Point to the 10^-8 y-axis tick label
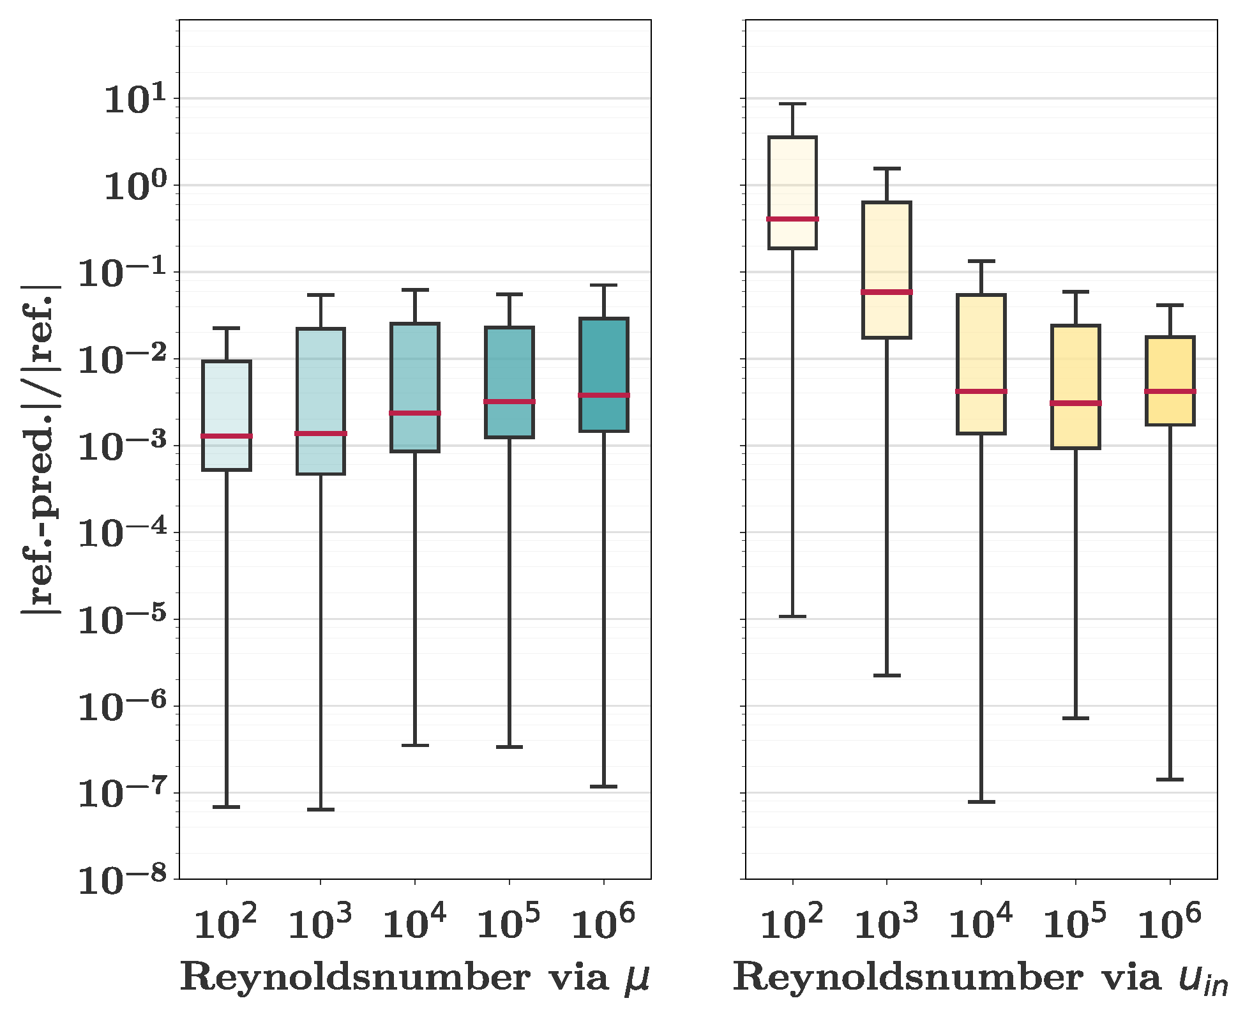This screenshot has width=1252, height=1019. pyautogui.click(x=121, y=880)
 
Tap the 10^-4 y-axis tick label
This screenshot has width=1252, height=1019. pyautogui.click(x=121, y=533)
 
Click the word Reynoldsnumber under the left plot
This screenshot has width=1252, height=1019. pyautogui.click(x=354, y=977)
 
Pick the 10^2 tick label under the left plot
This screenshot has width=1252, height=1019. pyautogui.click(x=225, y=923)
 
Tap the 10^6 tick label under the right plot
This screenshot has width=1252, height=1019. pyautogui.click(x=1170, y=923)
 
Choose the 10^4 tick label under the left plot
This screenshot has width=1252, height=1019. pyautogui.click(x=414, y=923)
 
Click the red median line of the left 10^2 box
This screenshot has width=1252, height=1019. pyautogui.click(x=227, y=436)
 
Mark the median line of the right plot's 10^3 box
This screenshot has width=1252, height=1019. pyautogui.click(x=887, y=292)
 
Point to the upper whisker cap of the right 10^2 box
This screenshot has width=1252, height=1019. pyautogui.click(x=792, y=104)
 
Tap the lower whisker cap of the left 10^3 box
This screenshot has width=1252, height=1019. pyautogui.click(x=321, y=810)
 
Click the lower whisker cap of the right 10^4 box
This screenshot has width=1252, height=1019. pyautogui.click(x=981, y=801)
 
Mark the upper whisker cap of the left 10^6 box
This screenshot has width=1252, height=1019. pyautogui.click(x=604, y=285)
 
